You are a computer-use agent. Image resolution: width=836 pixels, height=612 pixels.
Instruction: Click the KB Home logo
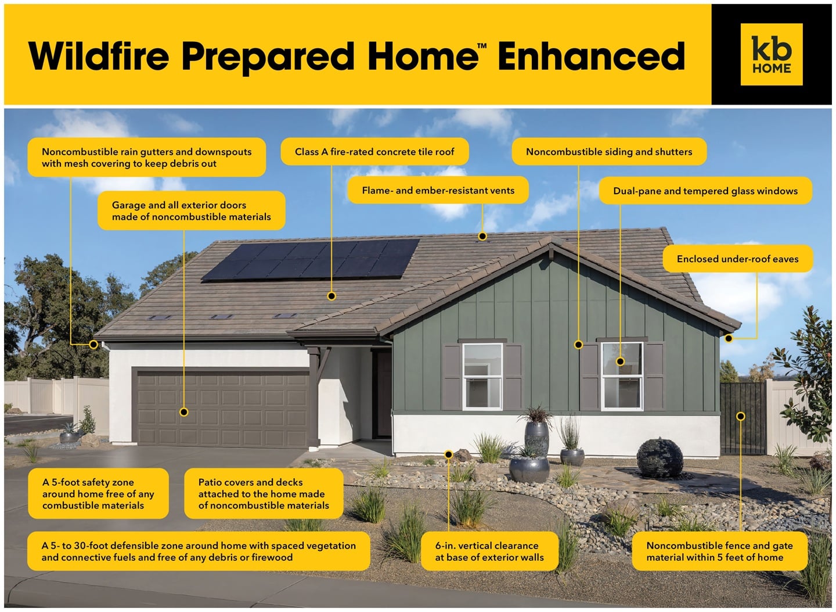[x=772, y=55]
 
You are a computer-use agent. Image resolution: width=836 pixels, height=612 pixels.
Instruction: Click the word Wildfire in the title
[x=99, y=56]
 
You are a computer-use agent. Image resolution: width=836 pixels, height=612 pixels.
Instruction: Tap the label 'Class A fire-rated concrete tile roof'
[x=374, y=152]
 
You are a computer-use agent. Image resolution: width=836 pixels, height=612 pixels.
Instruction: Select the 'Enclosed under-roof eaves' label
[x=737, y=259]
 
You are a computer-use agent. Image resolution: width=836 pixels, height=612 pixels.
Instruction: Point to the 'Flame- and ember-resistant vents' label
[x=438, y=191]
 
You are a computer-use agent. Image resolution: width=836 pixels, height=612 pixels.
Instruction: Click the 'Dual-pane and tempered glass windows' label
[x=705, y=191]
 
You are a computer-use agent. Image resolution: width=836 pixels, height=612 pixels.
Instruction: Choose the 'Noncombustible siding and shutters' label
[x=609, y=152]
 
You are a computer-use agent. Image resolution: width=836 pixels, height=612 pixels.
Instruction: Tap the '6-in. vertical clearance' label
[x=489, y=552]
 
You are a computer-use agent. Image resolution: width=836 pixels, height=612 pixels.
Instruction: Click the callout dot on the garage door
[x=184, y=412]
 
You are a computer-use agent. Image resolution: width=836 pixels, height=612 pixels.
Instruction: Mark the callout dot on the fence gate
[x=741, y=416]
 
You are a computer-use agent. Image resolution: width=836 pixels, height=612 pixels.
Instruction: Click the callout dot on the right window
[x=620, y=362]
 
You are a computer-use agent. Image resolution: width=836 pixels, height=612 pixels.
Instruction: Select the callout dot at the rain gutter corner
[x=93, y=345]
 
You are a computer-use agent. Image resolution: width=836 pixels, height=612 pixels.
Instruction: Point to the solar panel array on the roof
[x=311, y=260]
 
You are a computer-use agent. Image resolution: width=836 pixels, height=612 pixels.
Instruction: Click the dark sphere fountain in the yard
[x=660, y=459]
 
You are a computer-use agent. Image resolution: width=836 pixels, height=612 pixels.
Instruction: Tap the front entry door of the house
[x=383, y=394]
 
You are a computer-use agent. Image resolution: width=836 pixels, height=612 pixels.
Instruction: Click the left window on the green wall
[x=482, y=377]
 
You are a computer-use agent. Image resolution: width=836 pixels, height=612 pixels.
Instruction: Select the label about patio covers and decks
[x=264, y=493]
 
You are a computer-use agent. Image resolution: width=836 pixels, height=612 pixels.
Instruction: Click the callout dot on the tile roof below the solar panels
[x=331, y=296]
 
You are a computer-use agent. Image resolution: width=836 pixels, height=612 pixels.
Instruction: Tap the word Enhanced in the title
[x=592, y=56]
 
